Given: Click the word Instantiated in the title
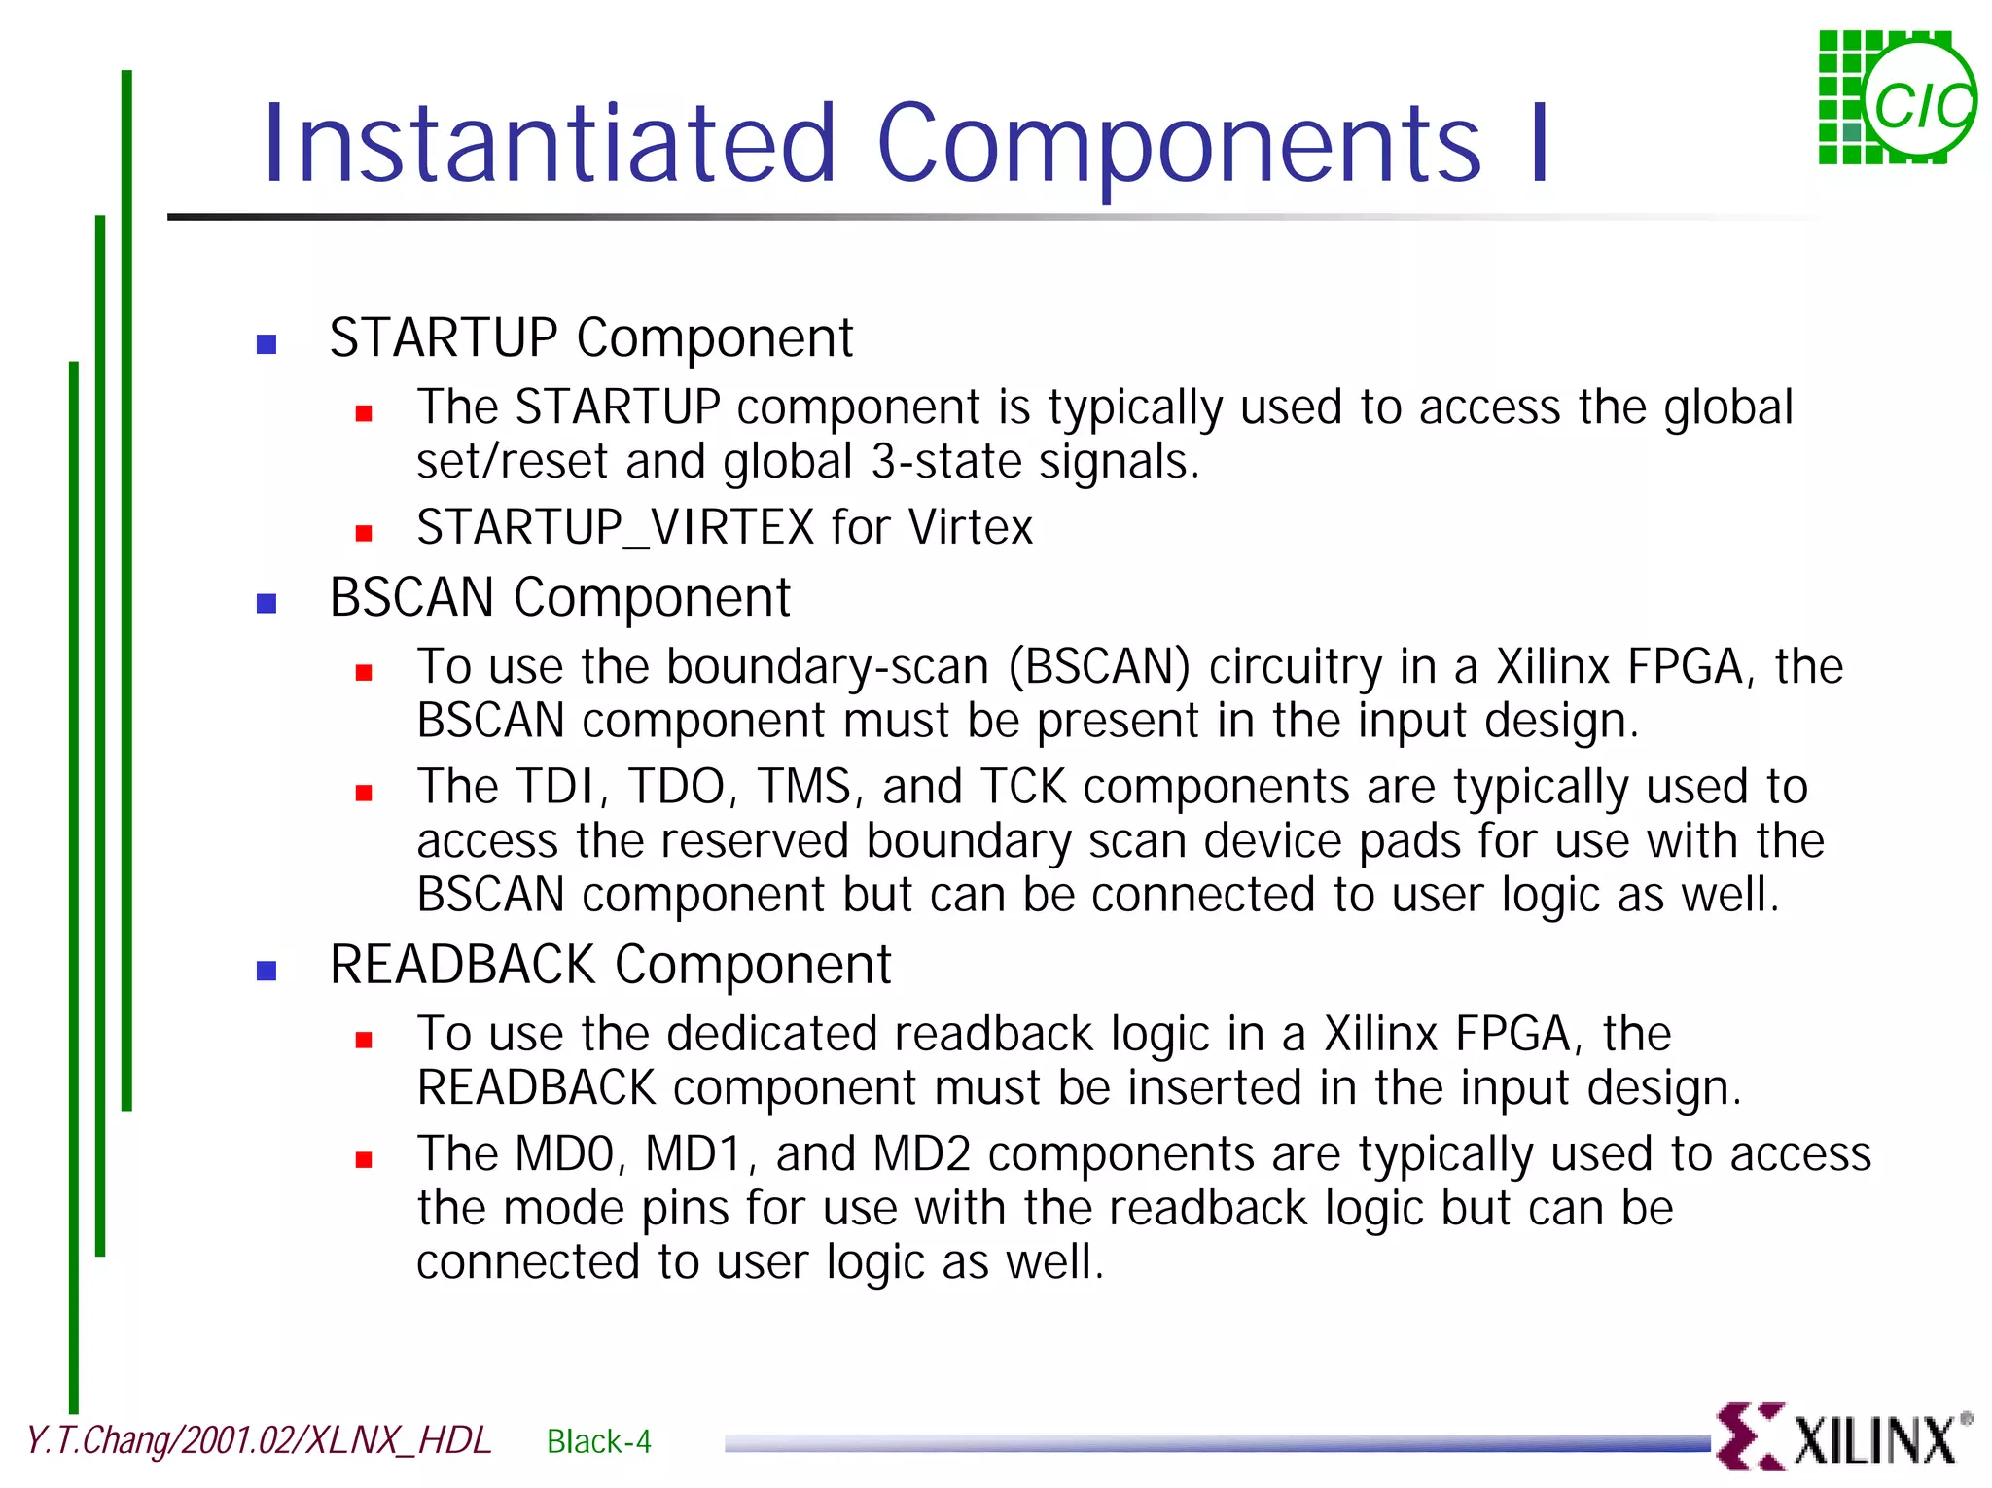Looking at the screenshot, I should [x=550, y=144].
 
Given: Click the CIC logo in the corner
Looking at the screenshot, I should [x=1896, y=98].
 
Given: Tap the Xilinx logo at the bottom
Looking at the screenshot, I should [x=1842, y=1437].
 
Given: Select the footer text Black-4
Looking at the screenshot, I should [x=598, y=1441].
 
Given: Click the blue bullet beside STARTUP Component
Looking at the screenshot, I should [x=267, y=344].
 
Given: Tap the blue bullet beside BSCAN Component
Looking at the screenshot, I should [x=267, y=604].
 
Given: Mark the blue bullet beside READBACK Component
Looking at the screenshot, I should [x=267, y=971].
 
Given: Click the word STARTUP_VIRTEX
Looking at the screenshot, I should [x=616, y=528].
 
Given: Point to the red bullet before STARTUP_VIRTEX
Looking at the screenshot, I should [x=364, y=533].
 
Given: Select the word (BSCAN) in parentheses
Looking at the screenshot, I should [x=1099, y=668].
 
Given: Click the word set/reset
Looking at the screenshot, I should [x=513, y=462].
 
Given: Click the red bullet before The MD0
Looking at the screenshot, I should [x=364, y=1159].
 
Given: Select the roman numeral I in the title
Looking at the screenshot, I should [x=1539, y=144].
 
